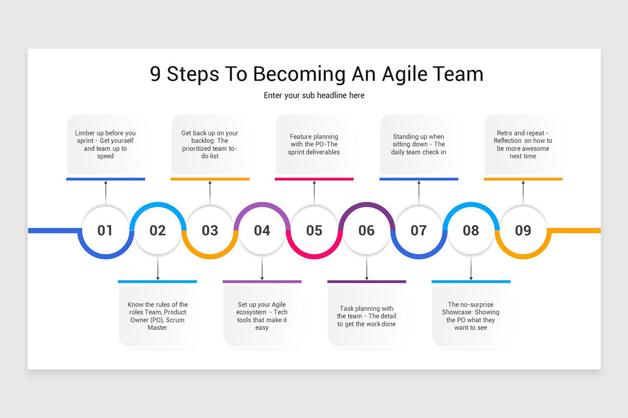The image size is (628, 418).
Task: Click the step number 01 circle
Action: [105, 230]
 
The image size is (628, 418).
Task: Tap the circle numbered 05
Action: [314, 230]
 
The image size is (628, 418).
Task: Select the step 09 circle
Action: [523, 230]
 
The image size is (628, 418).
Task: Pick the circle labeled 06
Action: [366, 230]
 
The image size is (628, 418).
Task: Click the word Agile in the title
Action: [401, 74]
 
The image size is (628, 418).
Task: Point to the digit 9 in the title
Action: [155, 74]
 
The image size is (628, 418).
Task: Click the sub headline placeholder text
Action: [314, 96]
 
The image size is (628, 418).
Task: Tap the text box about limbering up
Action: [105, 145]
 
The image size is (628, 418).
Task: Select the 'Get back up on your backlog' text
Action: [210, 145]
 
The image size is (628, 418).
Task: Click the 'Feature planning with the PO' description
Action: [314, 145]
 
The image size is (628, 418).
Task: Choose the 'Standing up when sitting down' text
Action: [419, 145]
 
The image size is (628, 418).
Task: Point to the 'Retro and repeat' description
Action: [523, 145]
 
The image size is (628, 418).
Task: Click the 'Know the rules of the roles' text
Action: [158, 316]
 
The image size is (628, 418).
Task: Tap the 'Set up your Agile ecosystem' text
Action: [262, 316]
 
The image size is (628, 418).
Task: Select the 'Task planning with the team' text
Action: [366, 316]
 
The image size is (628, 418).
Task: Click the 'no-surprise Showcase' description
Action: [471, 316]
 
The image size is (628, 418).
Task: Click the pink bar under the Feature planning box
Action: [314, 179]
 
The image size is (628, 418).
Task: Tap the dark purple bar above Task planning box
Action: [366, 282]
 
